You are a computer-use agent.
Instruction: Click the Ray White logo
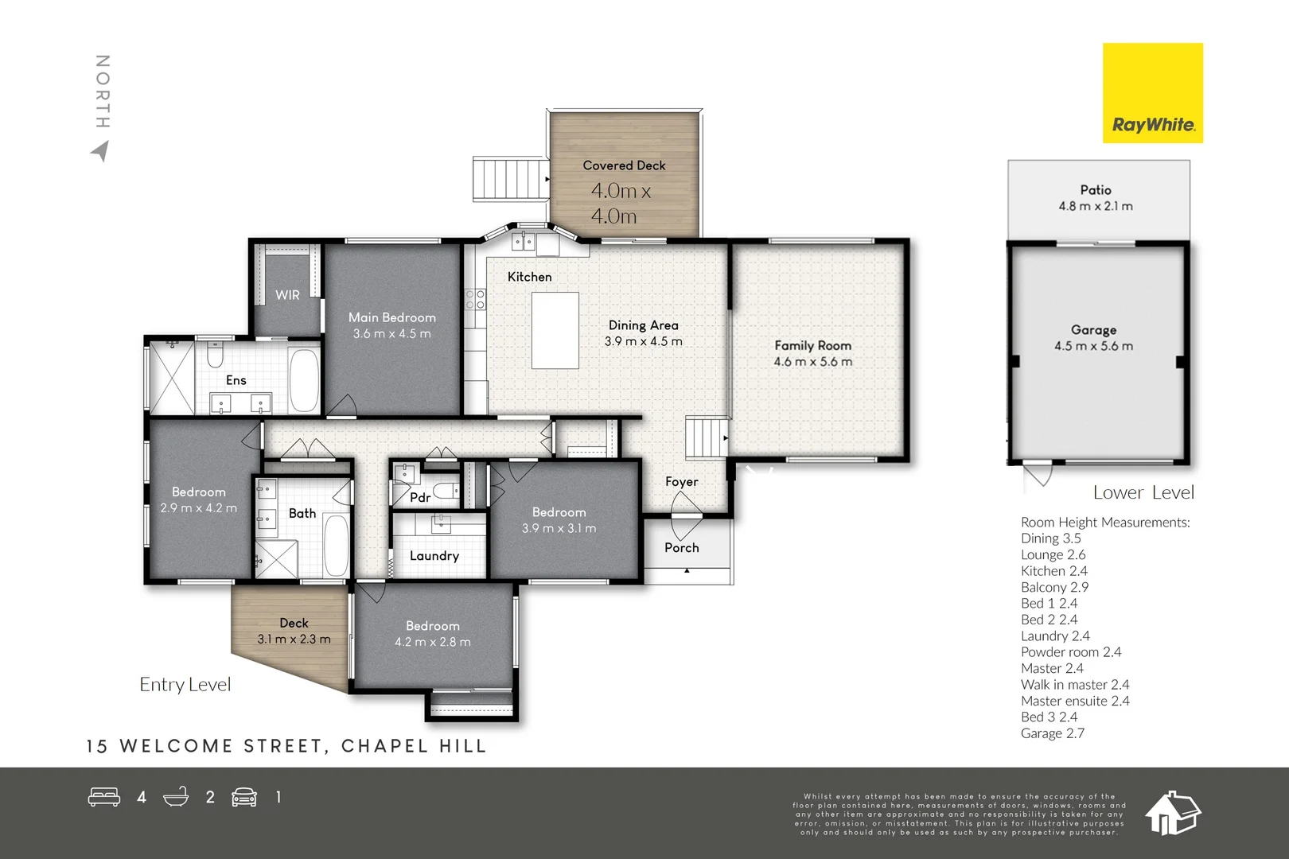pyautogui.click(x=1153, y=92)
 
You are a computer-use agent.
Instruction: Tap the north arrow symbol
pyautogui.click(x=101, y=151)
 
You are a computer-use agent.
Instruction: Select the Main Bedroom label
pyautogui.click(x=392, y=317)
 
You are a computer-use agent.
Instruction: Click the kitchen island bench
pyautogui.click(x=555, y=330)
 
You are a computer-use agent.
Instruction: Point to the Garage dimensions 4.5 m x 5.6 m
pyautogui.click(x=1093, y=346)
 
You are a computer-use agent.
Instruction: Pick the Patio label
pyautogui.click(x=1096, y=189)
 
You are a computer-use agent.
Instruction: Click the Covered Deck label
pyautogui.click(x=624, y=165)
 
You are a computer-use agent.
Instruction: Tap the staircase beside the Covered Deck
pyautogui.click(x=510, y=180)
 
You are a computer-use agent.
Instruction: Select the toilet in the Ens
pyautogui.click(x=214, y=355)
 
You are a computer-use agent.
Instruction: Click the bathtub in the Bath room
pyautogui.click(x=337, y=544)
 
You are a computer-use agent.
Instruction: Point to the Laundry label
pyautogui.click(x=434, y=555)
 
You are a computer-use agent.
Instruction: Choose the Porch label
pyautogui.click(x=681, y=547)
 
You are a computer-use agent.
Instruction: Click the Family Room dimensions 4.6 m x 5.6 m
pyautogui.click(x=812, y=361)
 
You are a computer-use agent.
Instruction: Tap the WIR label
pyautogui.click(x=287, y=295)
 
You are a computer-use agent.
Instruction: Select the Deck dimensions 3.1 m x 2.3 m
pyautogui.click(x=294, y=639)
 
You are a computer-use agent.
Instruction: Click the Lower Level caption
pyautogui.click(x=1143, y=492)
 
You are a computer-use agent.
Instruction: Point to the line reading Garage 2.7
pyautogui.click(x=1053, y=733)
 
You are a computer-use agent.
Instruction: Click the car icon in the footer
pyautogui.click(x=244, y=797)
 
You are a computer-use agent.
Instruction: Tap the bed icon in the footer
pyautogui.click(x=104, y=797)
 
